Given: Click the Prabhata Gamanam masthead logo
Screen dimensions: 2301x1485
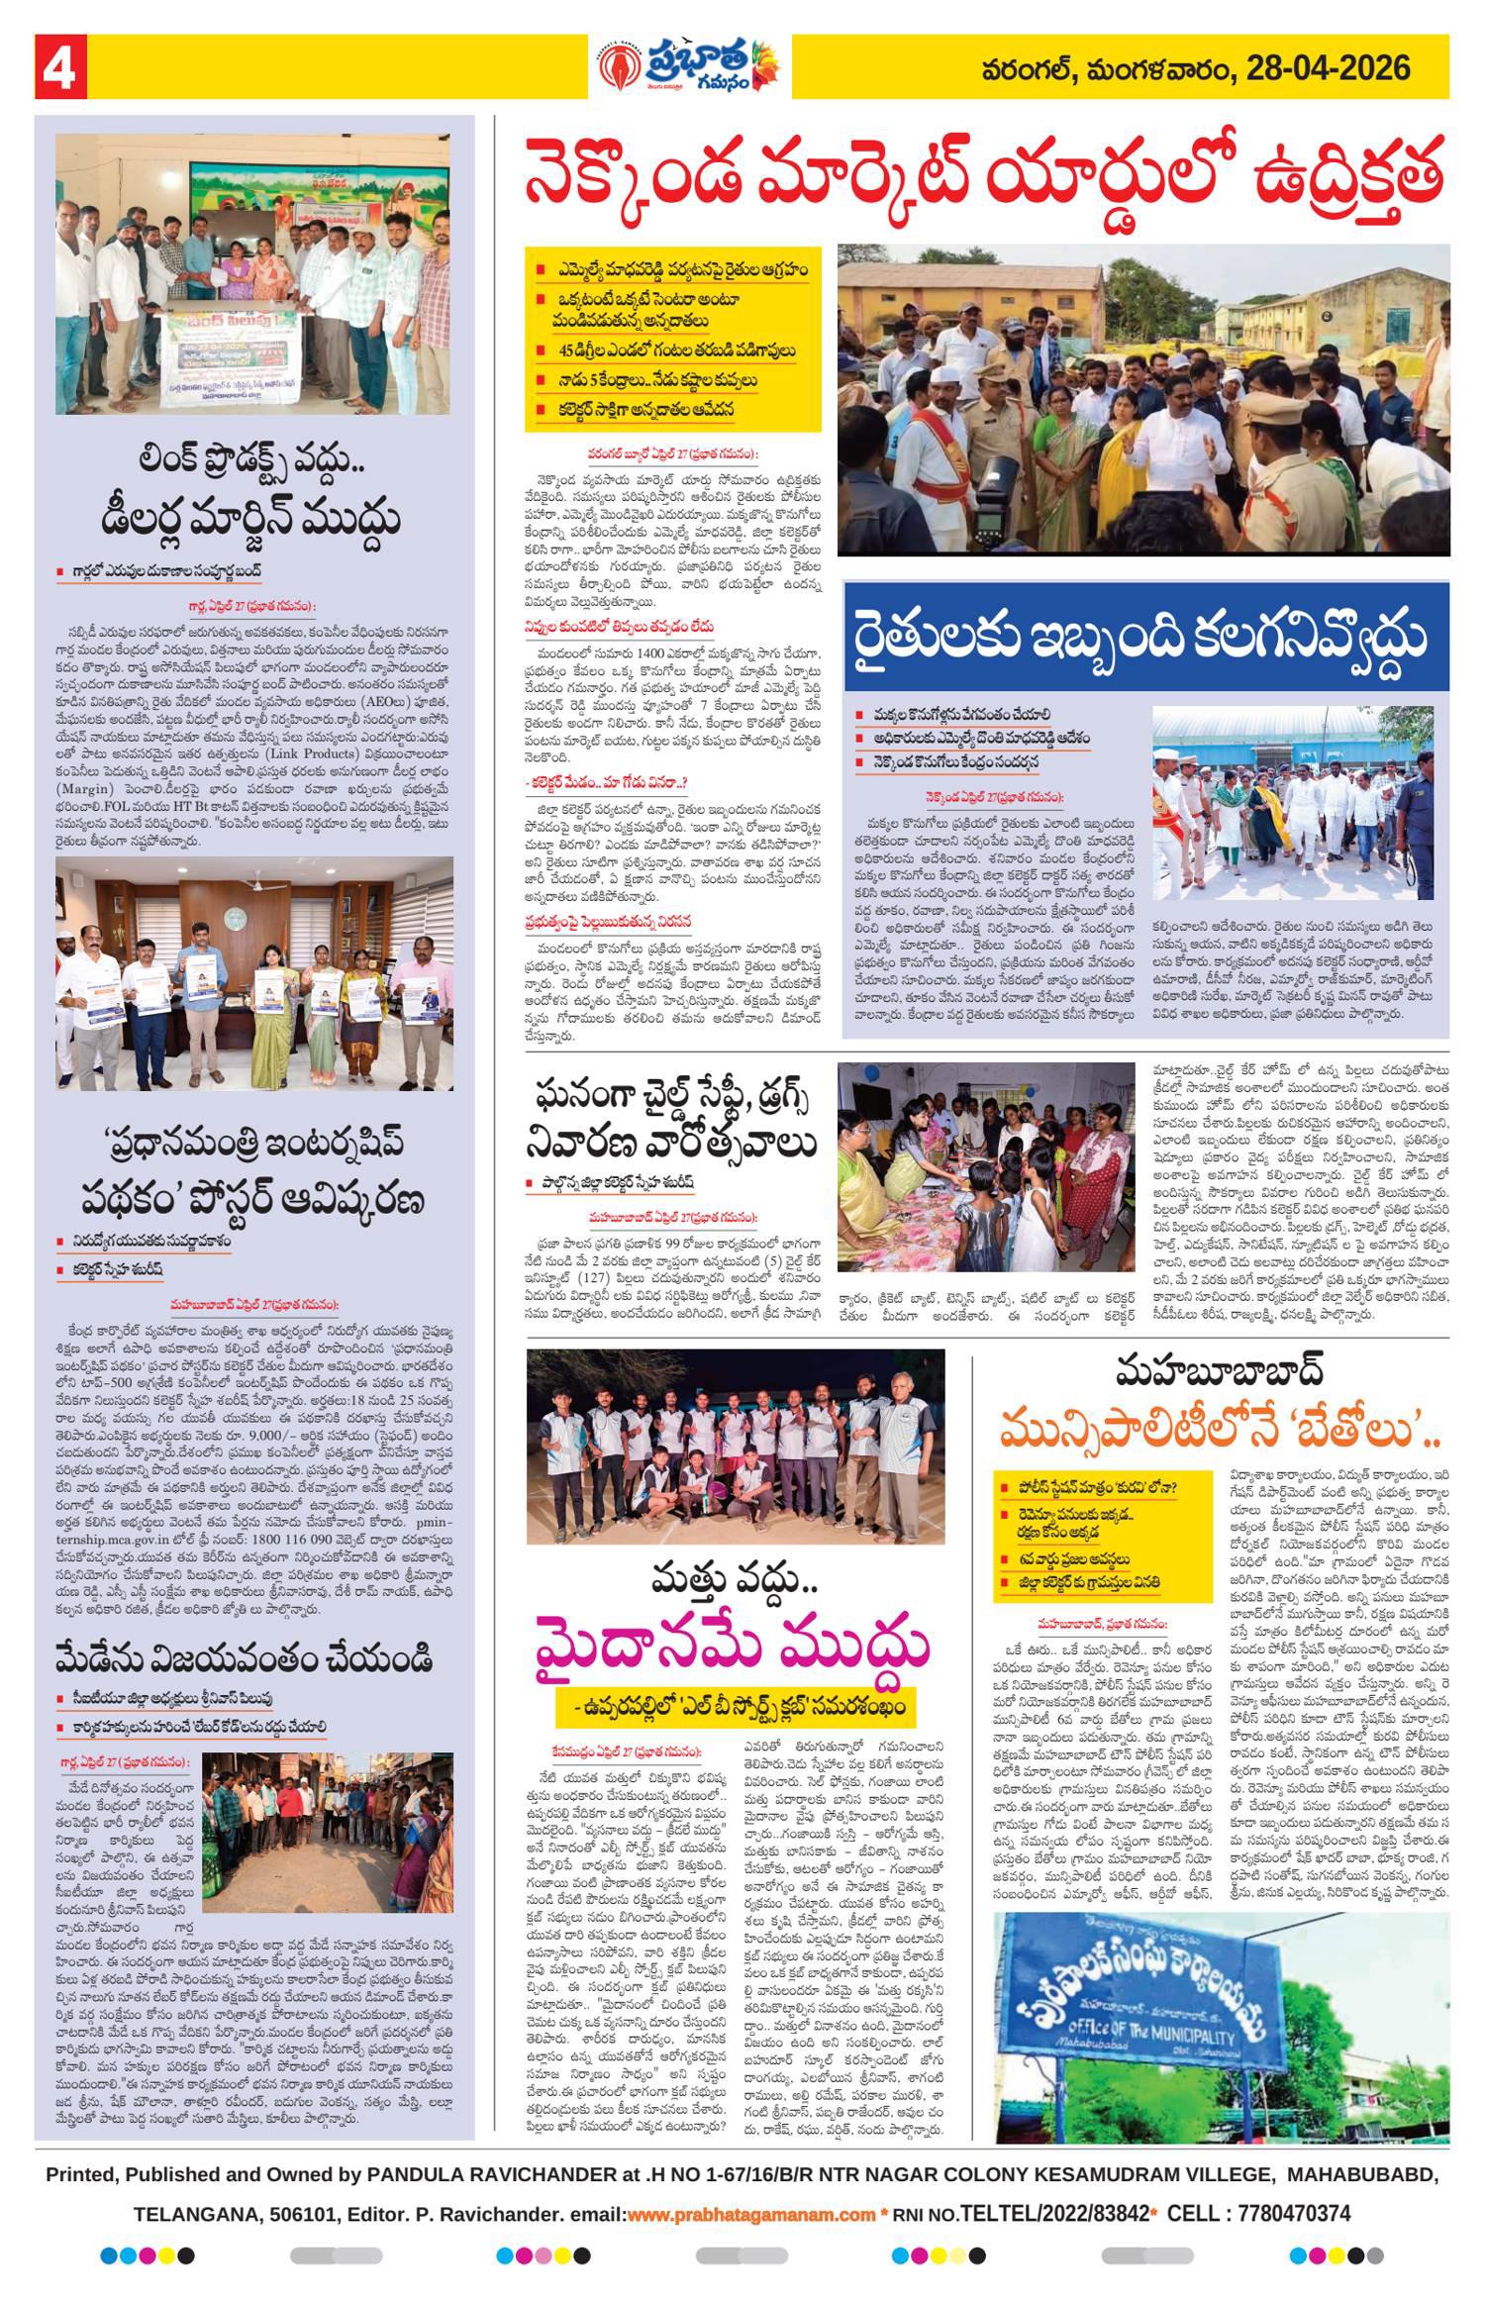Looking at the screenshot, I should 690,67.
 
